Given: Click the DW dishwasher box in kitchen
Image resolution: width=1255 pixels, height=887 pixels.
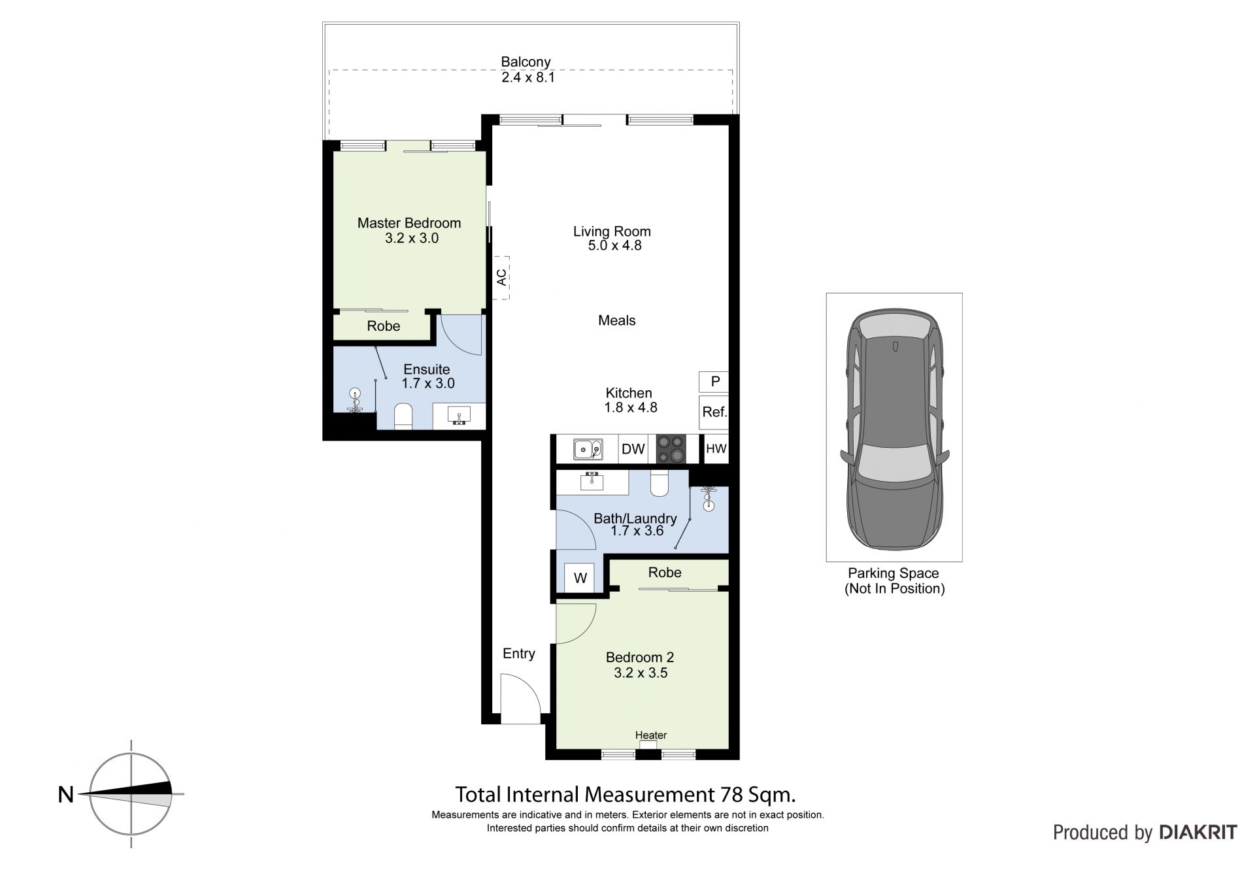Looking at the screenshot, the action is (x=633, y=449).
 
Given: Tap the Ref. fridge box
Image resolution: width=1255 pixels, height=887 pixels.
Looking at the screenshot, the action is (x=714, y=412).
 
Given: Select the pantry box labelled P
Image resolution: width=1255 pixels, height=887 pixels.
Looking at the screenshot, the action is (x=714, y=381).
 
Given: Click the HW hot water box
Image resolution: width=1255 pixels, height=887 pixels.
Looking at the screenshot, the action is (x=716, y=449).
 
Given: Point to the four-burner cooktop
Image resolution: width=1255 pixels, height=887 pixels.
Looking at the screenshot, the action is (x=671, y=449).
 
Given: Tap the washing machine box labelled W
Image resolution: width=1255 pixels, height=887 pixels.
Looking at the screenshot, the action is (x=580, y=578).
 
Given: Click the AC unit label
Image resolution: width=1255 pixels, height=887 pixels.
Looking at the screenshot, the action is (x=501, y=277).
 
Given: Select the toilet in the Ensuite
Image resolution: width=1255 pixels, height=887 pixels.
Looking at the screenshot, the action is (x=403, y=416).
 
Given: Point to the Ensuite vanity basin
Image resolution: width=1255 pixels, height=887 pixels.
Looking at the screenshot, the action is (x=460, y=415).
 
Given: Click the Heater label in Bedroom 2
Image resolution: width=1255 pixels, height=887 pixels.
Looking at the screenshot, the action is (x=651, y=735).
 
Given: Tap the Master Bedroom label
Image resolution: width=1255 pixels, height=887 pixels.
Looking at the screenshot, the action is (x=409, y=223).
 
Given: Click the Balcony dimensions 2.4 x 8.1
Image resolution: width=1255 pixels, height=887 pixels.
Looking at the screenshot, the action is (x=528, y=77).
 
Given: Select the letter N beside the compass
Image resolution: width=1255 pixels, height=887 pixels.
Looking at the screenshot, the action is (x=66, y=794).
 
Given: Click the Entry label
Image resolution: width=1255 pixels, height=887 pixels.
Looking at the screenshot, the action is (x=519, y=654).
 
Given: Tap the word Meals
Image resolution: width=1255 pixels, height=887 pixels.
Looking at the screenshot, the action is (x=617, y=320).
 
